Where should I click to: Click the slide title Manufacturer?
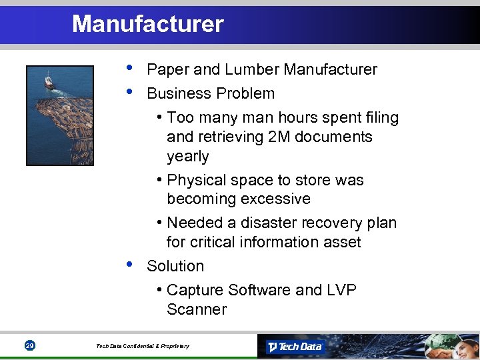147,24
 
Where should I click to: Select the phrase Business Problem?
210,93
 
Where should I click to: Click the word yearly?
188,157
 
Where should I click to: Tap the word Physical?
196,180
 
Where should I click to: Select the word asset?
341,242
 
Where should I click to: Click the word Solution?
175,266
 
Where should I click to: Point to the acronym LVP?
341,290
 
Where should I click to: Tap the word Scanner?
197,309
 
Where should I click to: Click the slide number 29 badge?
29,345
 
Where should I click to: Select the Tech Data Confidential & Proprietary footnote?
142,346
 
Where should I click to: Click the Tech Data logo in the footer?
294,347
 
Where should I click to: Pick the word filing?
382,118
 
